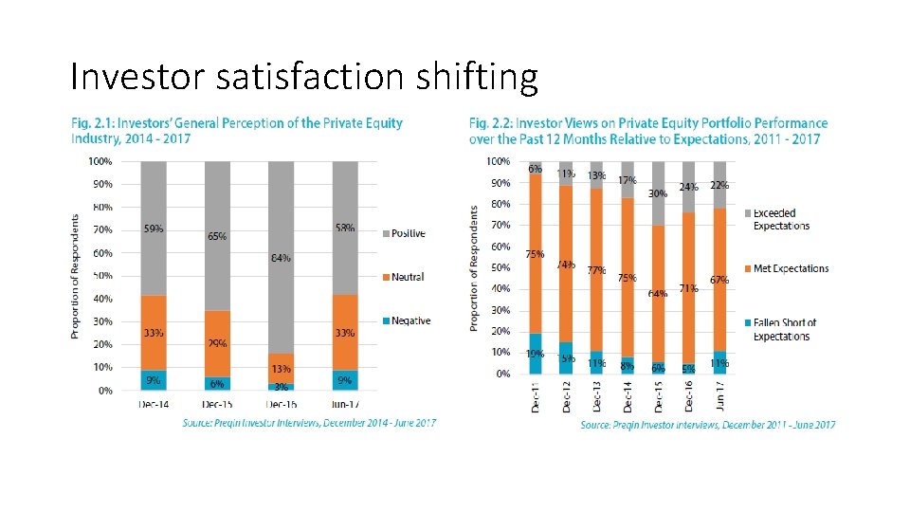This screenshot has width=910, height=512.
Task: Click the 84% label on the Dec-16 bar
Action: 281,258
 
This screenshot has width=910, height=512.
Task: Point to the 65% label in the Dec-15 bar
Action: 217,236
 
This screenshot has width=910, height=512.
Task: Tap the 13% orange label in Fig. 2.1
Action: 281,369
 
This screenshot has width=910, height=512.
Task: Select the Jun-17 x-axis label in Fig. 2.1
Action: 344,404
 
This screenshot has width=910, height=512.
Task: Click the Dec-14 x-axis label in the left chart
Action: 154,404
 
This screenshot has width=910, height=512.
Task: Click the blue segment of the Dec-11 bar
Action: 536,354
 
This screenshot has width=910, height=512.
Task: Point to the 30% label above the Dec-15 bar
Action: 657,192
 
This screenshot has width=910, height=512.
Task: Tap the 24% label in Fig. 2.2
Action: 688,187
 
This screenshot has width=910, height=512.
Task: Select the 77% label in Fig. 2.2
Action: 596,270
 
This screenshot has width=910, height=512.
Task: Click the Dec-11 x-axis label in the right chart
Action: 536,395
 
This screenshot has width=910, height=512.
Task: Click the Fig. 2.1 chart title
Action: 237,130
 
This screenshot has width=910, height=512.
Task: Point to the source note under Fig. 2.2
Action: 708,425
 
